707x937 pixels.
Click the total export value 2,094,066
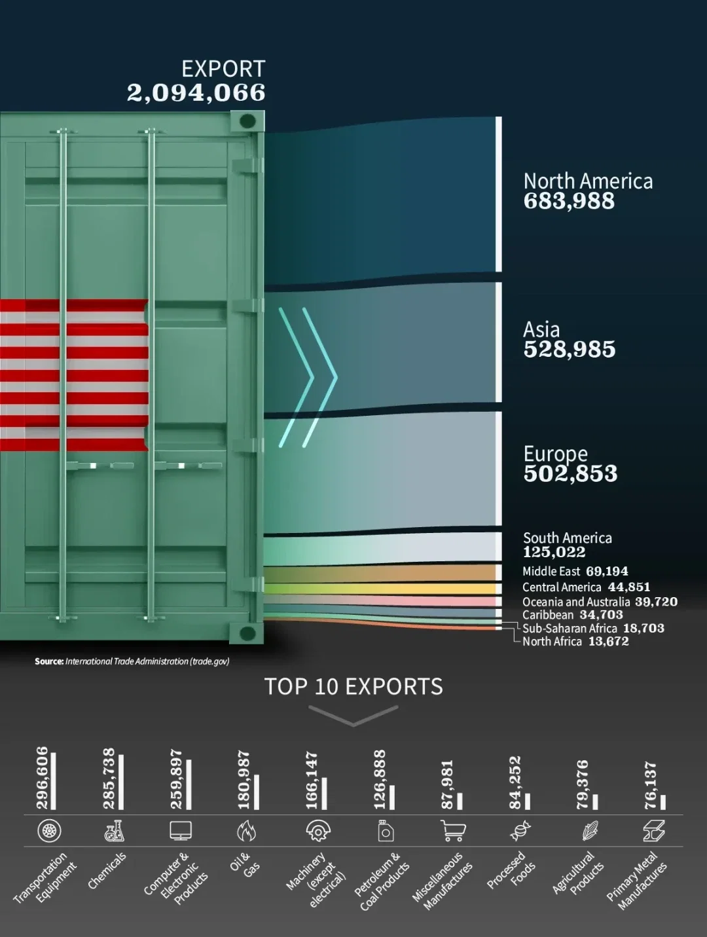pyautogui.click(x=196, y=93)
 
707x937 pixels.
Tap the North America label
pyautogui.click(x=588, y=181)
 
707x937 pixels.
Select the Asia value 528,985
pyautogui.click(x=569, y=350)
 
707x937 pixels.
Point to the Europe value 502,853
pyautogui.click(x=570, y=473)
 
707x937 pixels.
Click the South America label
pyautogui.click(x=567, y=538)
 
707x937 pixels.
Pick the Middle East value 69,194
pyautogui.click(x=607, y=571)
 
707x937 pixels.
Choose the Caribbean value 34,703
pyautogui.click(x=601, y=615)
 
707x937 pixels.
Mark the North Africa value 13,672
pyautogui.click(x=608, y=642)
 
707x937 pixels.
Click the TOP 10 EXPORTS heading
pyautogui.click(x=353, y=686)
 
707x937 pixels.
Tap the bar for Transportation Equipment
pyautogui.click(x=54, y=781)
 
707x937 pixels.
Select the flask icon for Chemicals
pyautogui.click(x=115, y=831)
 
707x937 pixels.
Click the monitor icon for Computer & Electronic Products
pyautogui.click(x=181, y=831)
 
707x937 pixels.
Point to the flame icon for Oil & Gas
pyautogui.click(x=247, y=832)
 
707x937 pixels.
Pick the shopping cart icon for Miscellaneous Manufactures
pyautogui.click(x=453, y=832)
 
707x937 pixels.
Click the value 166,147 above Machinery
pyautogui.click(x=312, y=780)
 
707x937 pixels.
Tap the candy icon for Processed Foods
pyautogui.click(x=520, y=832)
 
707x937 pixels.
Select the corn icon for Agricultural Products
pyautogui.click(x=590, y=832)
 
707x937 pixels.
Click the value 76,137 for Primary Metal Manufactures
pyautogui.click(x=650, y=785)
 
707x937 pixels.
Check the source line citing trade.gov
pyautogui.click(x=132, y=661)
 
